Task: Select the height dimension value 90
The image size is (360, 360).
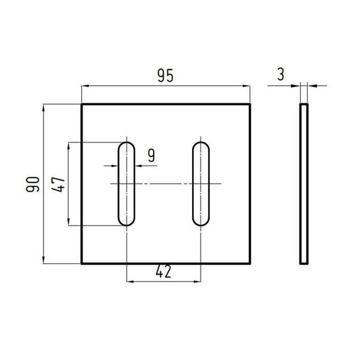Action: [32, 184]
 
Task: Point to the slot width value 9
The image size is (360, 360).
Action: [151, 156]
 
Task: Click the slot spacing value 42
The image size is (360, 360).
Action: [163, 271]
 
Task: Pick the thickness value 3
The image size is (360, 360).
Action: [281, 75]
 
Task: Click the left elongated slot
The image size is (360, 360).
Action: [127, 183]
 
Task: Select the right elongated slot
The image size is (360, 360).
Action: [200, 183]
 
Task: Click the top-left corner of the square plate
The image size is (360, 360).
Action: [82, 105]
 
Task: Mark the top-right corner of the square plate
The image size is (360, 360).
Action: [251, 105]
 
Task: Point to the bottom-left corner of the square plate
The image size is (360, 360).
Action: [82, 263]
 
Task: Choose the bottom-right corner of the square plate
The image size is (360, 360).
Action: [251, 263]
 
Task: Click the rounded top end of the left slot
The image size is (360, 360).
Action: [127, 145]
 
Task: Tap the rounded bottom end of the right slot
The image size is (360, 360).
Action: [200, 221]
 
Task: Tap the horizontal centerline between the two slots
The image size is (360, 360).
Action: [163, 183]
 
